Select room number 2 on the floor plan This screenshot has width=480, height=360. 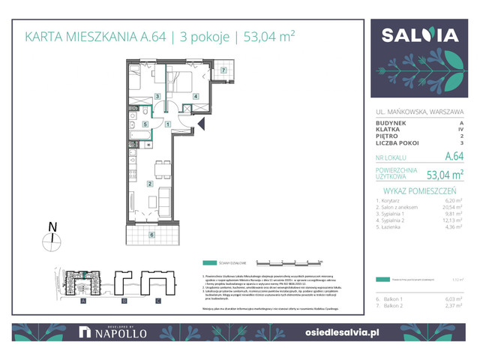pos(150,184)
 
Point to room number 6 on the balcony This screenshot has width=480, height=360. pos(152,235)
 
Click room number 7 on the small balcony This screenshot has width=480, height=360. pos(223,70)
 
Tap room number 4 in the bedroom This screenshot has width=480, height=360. pos(196,97)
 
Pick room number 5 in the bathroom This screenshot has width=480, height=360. pos(145,124)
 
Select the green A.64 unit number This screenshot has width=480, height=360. pos(454,157)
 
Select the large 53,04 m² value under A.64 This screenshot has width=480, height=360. pos(445,175)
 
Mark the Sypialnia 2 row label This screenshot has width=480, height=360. pos(394,227)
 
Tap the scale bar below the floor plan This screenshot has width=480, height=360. pos(289,262)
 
